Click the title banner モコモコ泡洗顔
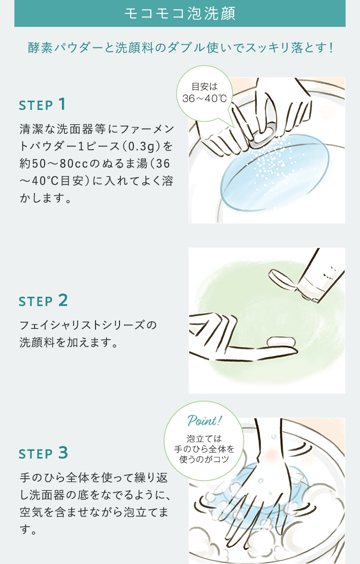point(180,13)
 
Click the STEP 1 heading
point(42,105)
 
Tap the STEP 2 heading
point(43,301)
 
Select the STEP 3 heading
point(43,453)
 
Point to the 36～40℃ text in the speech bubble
point(204,99)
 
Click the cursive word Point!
point(204,420)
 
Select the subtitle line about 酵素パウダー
point(180,48)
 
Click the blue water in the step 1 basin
point(274,173)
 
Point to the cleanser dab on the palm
point(281,341)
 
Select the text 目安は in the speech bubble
point(204,87)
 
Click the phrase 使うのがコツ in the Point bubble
point(204,459)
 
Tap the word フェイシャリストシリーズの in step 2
point(88,325)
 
